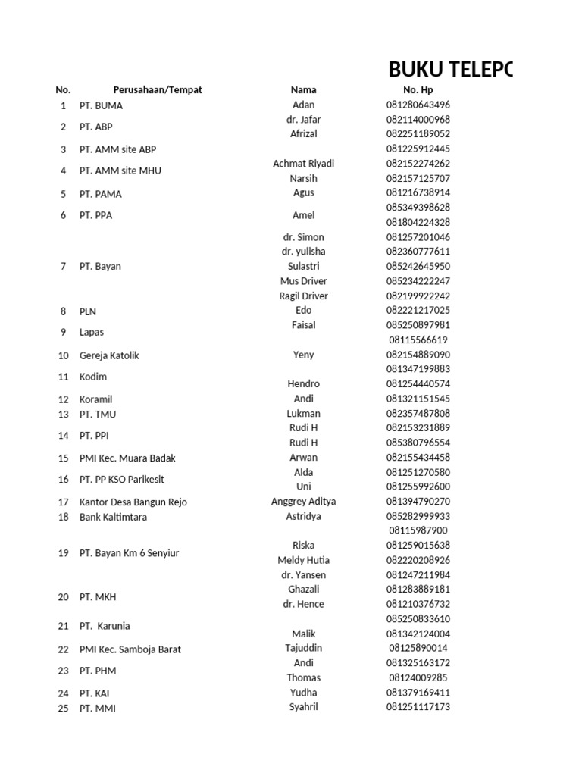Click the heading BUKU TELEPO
click(x=450, y=70)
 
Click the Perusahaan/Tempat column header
click(x=158, y=90)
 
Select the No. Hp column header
click(x=418, y=90)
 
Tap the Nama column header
click(x=303, y=90)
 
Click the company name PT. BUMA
click(x=101, y=105)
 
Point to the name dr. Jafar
click(x=303, y=120)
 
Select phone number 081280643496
click(x=418, y=105)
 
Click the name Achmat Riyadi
click(x=303, y=164)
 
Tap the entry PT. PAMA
click(x=101, y=194)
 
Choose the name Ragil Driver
click(x=303, y=296)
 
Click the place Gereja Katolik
click(x=109, y=355)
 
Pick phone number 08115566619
click(x=418, y=340)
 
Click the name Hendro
click(x=303, y=384)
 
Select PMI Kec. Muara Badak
click(x=127, y=458)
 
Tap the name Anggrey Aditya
click(x=303, y=502)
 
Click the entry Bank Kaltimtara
click(x=113, y=517)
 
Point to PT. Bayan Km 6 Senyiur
click(x=129, y=553)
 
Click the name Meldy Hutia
click(x=303, y=560)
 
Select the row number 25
click(x=63, y=709)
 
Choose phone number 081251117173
click(x=418, y=707)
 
